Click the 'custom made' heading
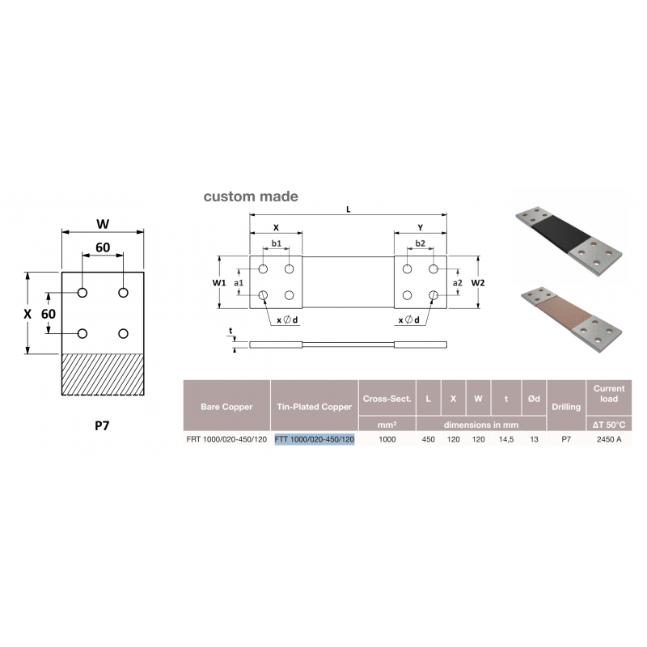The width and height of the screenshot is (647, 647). coord(251,197)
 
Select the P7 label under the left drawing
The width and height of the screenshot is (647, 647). coord(103,425)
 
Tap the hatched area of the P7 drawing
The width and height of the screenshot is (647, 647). coord(103,374)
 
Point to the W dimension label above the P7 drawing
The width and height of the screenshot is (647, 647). coord(103,224)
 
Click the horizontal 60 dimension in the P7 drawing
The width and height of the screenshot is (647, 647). coord(103,247)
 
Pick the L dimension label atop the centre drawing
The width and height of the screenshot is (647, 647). coord(349,209)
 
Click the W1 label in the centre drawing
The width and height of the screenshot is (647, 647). coord(219,282)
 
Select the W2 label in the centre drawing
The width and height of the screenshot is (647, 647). coord(478,282)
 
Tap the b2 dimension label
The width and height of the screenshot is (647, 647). coord(420,243)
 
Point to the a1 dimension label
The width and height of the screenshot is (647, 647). coord(239,282)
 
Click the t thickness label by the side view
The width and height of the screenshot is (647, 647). coord(230,331)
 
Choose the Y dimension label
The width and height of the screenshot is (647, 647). coord(420,228)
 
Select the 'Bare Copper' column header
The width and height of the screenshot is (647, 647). coord(226,407)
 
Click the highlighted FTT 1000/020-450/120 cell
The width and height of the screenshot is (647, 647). coord(315,439)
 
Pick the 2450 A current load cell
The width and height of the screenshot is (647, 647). coord(609,439)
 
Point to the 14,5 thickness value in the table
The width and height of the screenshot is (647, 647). coord(506,439)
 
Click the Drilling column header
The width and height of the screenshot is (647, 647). coord(566,407)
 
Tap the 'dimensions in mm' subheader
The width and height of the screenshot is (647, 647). coord(481,425)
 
